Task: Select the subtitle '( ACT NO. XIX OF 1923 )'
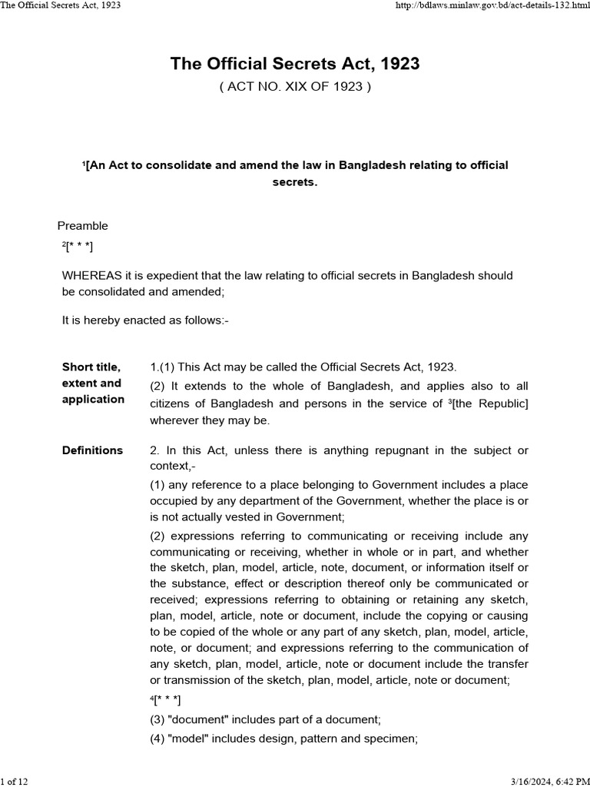(x=295, y=87)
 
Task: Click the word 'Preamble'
(x=83, y=226)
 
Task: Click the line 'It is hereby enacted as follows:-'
(x=145, y=321)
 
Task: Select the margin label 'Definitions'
(x=92, y=450)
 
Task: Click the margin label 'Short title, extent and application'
(x=93, y=383)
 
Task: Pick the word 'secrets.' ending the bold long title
(x=295, y=183)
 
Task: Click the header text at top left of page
(x=61, y=5)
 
